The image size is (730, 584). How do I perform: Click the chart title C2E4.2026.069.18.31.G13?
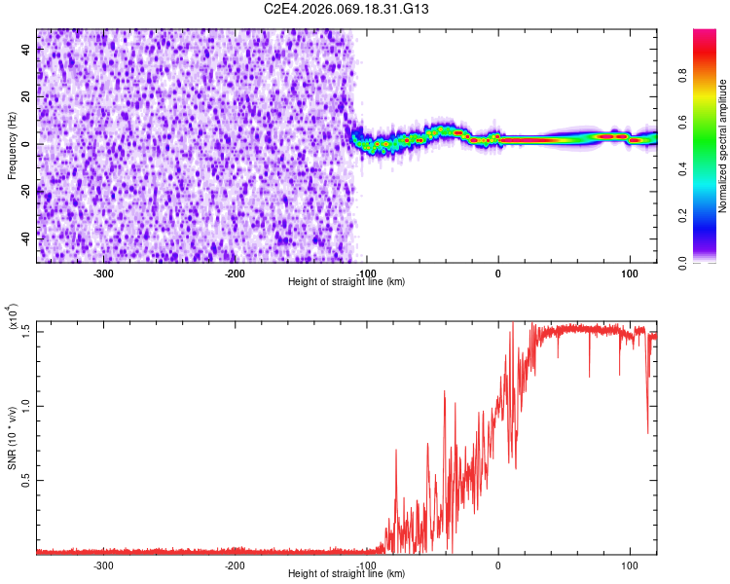347,9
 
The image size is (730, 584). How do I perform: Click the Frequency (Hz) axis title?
12,145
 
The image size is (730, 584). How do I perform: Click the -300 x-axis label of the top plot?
103,273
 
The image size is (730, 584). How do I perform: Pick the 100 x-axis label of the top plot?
629,273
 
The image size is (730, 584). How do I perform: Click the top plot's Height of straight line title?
347,282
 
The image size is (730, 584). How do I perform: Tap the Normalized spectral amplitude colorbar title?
723,146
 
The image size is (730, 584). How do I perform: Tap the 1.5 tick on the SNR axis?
27,330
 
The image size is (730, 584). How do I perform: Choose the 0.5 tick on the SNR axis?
27,481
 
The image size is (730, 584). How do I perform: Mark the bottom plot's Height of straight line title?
347,574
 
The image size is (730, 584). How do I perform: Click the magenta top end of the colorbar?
704,34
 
